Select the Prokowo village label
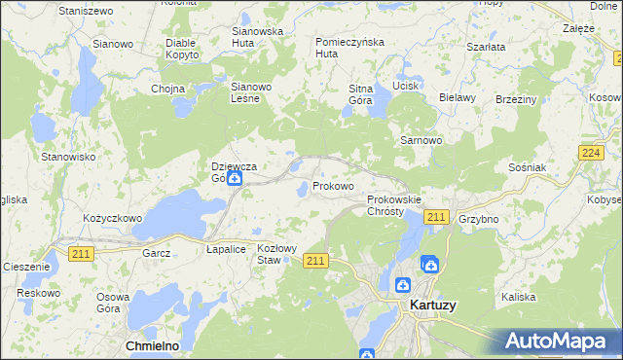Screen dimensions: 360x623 (333, 186)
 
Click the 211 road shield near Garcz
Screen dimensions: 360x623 (81, 253)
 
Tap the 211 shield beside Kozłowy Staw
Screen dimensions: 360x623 (314, 260)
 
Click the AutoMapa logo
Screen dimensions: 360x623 (559, 341)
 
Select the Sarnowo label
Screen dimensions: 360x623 (421, 140)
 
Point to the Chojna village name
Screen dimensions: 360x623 (167, 89)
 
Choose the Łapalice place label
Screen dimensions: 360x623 (226, 249)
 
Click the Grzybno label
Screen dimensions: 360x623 (478, 219)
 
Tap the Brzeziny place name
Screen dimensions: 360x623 (516, 98)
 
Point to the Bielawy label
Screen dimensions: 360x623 (457, 97)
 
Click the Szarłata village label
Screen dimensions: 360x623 (485, 46)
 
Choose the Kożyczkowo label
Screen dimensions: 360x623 (113, 218)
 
